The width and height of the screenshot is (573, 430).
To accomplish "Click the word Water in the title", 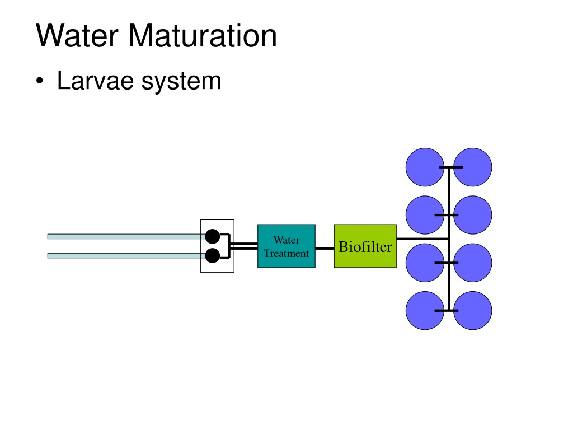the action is pos(77,35).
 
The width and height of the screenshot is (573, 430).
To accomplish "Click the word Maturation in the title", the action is pos(203,35).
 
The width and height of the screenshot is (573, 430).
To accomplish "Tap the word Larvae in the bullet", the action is pos(95,81).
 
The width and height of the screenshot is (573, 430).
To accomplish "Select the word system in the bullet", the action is pos(181,82).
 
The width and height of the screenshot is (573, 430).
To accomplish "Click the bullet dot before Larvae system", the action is pos(40,81).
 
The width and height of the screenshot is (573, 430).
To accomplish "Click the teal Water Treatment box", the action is pos(286,246).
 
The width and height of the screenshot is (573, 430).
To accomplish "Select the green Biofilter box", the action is pos(365,246).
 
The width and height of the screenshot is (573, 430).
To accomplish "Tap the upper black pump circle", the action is pos(212,237).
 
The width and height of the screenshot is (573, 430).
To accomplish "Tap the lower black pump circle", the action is pos(212,255).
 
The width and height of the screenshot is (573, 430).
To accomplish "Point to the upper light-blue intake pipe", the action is pos(126,237).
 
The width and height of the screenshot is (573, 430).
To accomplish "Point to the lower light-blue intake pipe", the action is pos(126,255).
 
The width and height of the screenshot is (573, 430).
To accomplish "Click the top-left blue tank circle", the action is pos(425,167).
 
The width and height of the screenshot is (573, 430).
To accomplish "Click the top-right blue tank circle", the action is pos(472,167).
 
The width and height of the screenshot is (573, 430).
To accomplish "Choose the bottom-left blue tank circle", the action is pos(425,310).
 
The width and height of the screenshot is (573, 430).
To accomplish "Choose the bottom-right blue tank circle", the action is pos(472,310).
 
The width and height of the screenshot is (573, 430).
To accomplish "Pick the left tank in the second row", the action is pos(425,215).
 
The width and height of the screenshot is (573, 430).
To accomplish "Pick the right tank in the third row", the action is pos(472,263).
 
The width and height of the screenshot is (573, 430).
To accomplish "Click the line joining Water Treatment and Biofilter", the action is pos(325,248).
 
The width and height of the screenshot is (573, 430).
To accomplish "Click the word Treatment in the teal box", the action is pos(286,254).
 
